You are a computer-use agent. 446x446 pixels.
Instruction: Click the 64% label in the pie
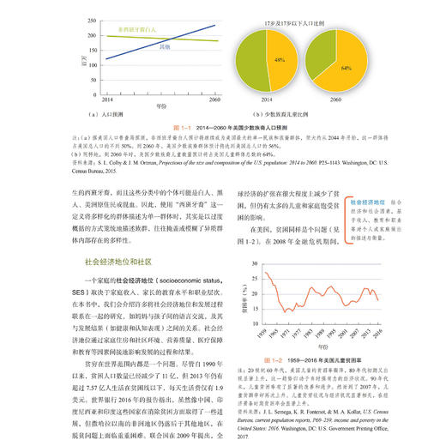coord(346,65)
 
